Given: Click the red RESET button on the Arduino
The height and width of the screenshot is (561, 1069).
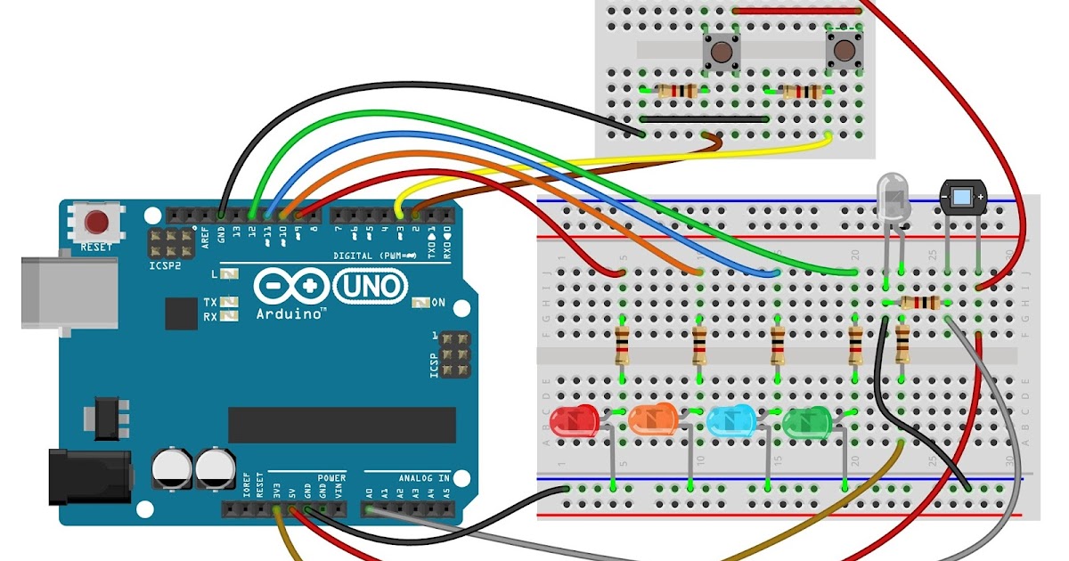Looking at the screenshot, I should (x=96, y=221).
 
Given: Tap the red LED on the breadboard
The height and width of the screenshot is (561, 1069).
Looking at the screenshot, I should (x=574, y=421).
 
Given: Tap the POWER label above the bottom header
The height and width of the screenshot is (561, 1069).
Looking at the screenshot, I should (x=331, y=478).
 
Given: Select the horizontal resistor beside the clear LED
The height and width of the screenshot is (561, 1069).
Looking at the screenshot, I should (x=918, y=303).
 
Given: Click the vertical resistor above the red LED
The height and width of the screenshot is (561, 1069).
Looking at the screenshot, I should (x=623, y=346).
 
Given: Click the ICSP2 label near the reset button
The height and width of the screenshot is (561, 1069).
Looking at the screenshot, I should (x=166, y=265).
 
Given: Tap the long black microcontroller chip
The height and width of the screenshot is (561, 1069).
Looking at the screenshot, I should (x=342, y=425).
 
